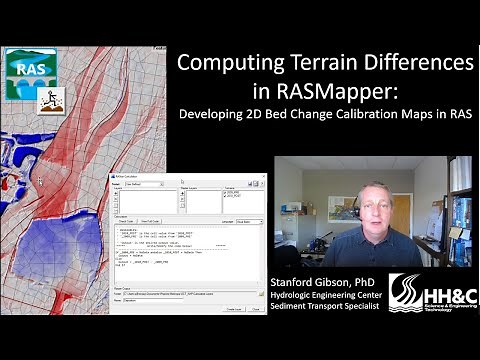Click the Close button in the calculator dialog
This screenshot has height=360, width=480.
[x=255, y=309]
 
